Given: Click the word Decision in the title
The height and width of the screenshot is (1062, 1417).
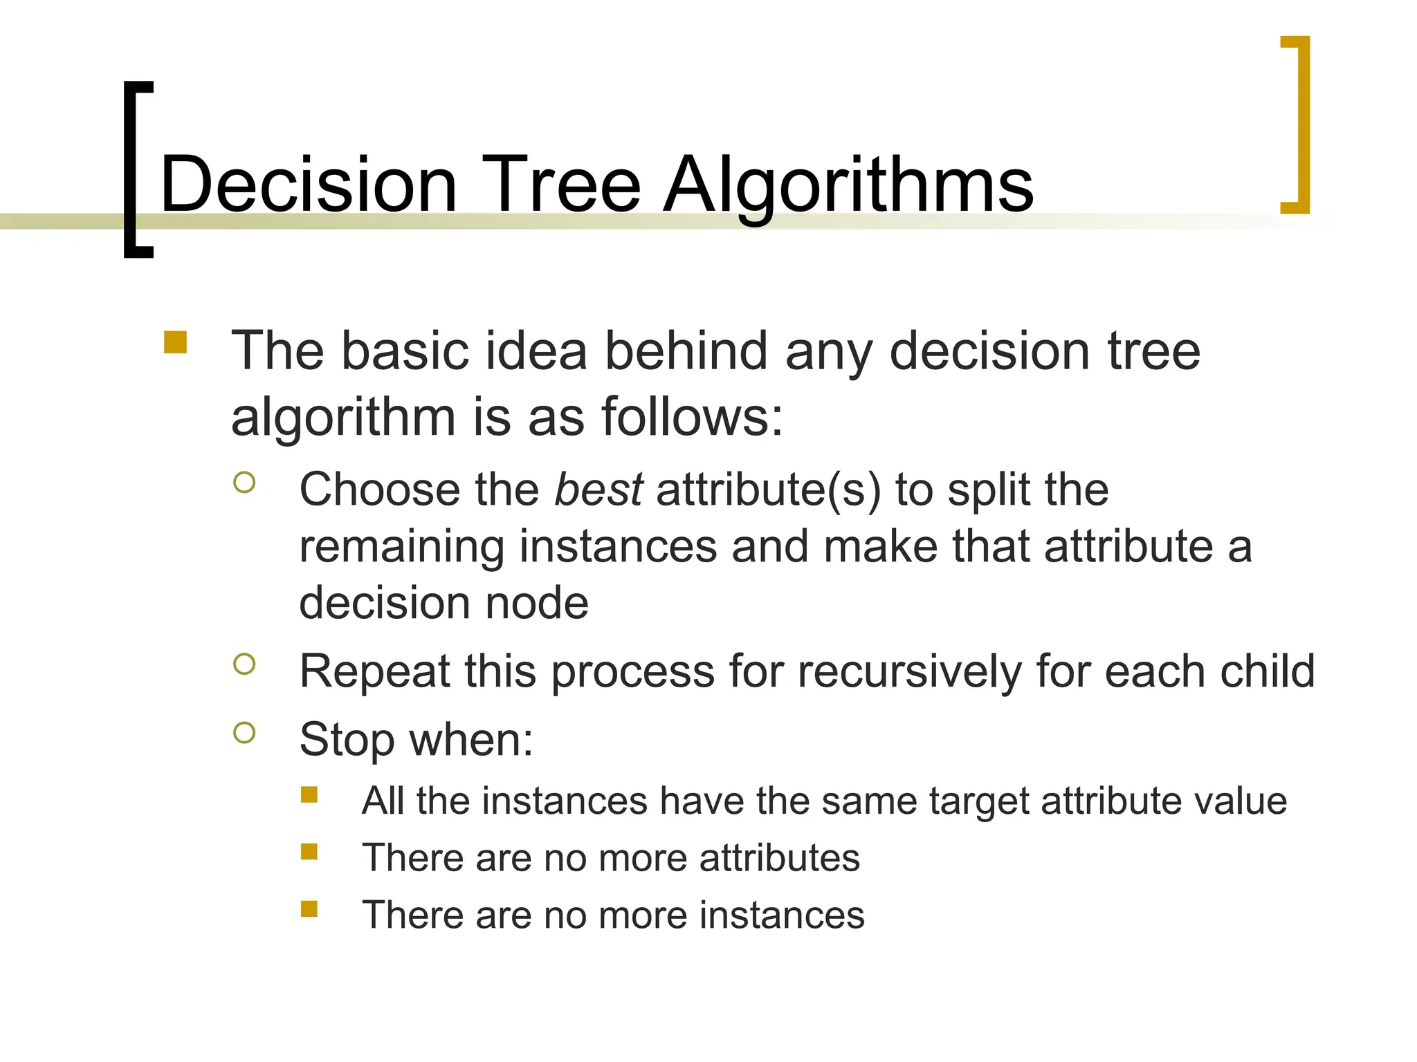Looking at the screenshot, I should point(309,185).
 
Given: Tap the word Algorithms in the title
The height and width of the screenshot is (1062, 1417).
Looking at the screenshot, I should point(848,185).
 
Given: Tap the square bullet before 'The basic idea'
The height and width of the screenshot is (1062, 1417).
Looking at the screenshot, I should point(176,343).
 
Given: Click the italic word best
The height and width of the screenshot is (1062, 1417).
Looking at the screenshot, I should point(599,490).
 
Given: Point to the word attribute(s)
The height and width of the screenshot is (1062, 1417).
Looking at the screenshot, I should point(768,490).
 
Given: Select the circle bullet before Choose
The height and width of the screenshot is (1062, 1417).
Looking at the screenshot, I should point(244,483).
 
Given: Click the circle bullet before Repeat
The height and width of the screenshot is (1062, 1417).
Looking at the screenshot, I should point(244,664).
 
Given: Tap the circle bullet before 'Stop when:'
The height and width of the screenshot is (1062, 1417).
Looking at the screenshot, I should point(244,732).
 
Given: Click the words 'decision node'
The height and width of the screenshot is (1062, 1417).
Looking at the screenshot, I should point(444,603).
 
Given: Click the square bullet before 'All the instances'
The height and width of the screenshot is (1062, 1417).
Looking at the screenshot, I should point(309,794).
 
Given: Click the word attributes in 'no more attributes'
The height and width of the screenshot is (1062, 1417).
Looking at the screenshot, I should point(779,858).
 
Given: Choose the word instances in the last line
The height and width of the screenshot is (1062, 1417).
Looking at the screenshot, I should point(782,915).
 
